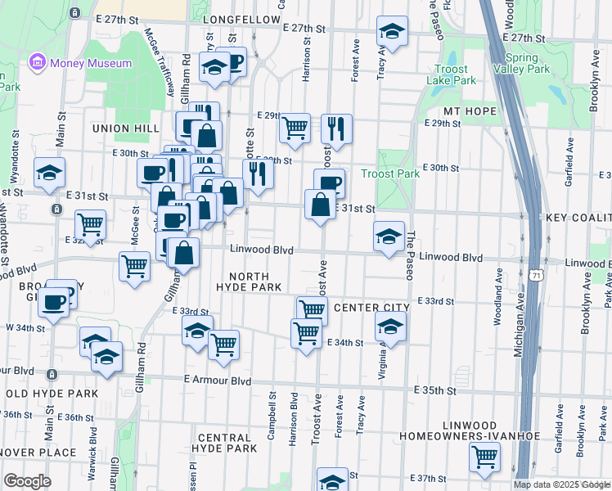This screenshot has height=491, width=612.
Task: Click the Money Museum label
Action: pos(89,63)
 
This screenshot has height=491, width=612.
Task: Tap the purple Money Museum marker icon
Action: pos(36,62)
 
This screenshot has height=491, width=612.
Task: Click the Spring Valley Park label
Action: pos(528,64)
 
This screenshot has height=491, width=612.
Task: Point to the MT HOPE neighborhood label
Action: pos(470,110)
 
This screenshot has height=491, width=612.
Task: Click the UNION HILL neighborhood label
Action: pos(125,128)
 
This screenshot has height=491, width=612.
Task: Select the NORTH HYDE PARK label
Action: pos(250,282)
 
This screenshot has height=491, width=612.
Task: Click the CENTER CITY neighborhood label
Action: pos(371,308)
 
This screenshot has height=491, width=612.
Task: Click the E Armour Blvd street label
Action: pos(217,380)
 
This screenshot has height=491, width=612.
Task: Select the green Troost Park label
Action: pos(390,174)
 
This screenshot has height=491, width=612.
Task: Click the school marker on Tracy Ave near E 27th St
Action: pos(392,33)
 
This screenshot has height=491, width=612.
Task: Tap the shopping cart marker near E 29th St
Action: pos(295,128)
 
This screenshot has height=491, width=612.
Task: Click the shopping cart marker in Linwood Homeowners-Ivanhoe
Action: pos(484,459)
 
